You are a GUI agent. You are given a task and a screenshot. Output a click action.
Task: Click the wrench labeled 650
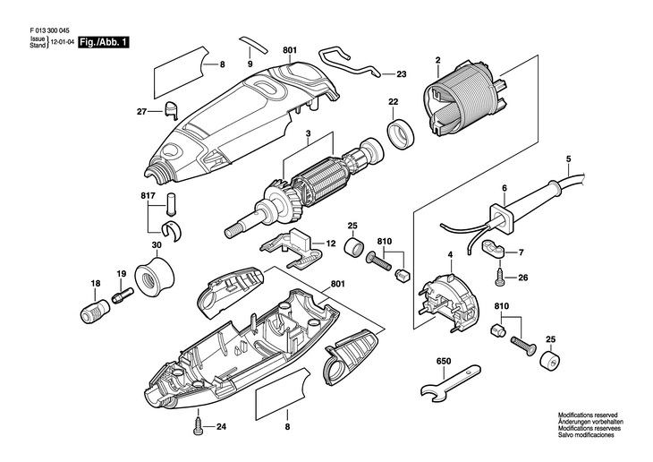coord(450,382)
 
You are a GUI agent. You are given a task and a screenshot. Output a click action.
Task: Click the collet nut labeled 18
coord(94,311)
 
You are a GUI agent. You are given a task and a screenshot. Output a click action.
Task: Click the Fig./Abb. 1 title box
coord(104,42)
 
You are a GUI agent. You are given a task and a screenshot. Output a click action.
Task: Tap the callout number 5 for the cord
coord(568,158)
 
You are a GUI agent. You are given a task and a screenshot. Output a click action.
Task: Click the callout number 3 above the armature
coord(309,133)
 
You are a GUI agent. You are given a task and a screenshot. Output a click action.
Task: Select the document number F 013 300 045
coord(49,30)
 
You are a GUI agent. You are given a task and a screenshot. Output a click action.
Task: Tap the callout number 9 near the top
coord(250,64)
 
